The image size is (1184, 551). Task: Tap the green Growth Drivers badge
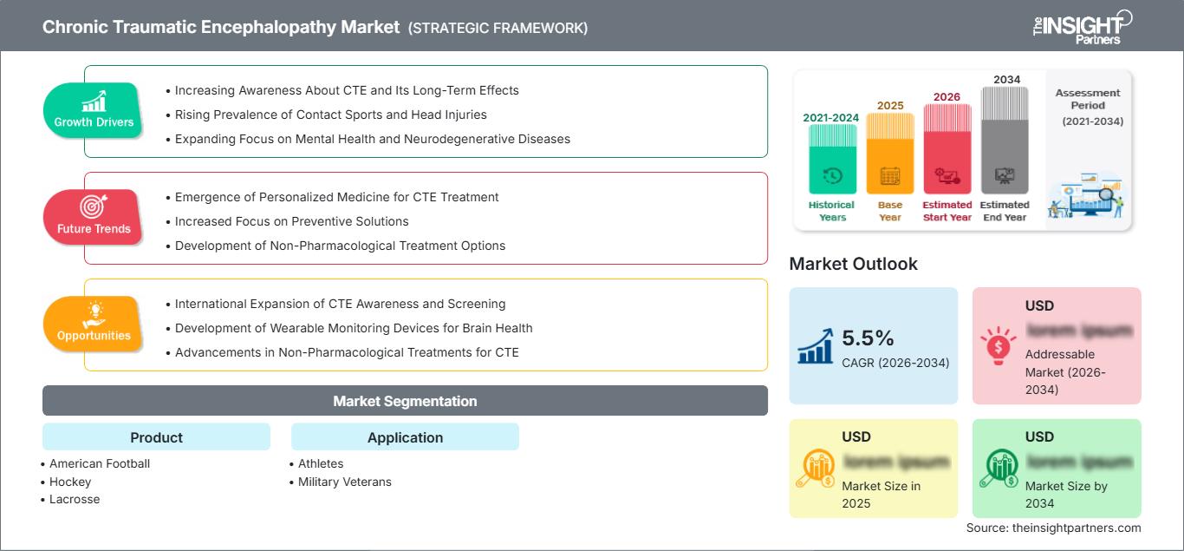[94, 110]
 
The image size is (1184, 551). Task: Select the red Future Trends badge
[94, 217]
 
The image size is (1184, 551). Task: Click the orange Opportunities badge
[94, 324]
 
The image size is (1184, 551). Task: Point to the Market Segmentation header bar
[405, 401]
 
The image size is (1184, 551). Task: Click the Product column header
[156, 437]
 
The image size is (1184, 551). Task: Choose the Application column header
[405, 437]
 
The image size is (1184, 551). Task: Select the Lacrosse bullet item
[75, 499]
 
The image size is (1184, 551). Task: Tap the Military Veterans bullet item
[344, 482]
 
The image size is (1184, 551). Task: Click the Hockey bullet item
[70, 482]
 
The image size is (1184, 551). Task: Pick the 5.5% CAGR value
[868, 338]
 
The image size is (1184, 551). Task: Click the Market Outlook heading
[853, 264]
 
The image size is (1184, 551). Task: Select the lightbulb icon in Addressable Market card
[999, 345]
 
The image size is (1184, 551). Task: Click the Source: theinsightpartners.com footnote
[1053, 528]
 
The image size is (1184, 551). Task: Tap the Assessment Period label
[1088, 99]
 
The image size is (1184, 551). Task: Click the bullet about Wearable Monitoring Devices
[354, 328]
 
